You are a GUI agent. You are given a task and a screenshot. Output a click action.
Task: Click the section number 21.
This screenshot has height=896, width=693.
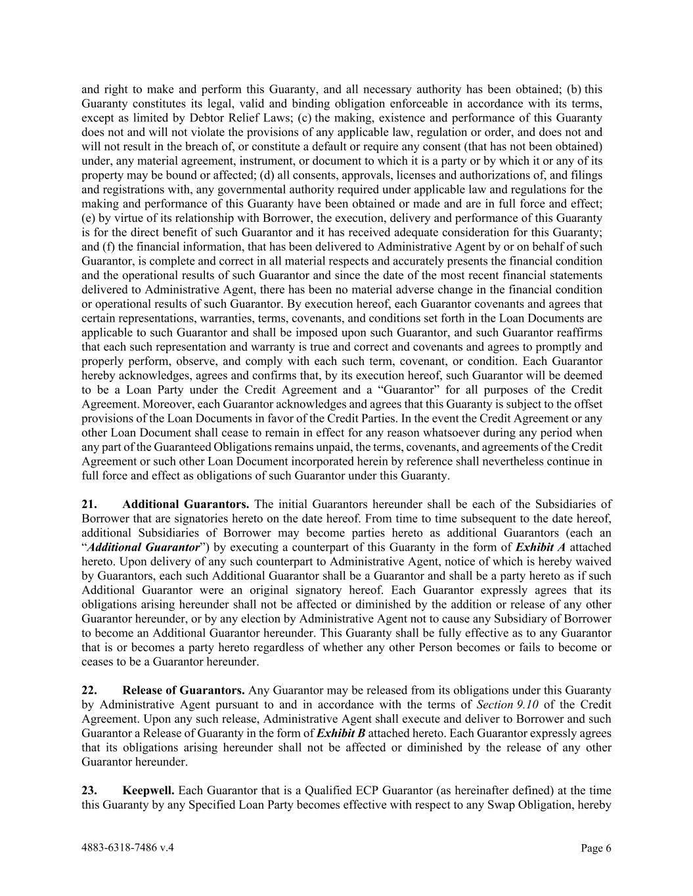[x=89, y=504]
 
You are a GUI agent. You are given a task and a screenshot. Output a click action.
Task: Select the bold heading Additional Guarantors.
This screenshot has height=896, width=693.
[x=185, y=504]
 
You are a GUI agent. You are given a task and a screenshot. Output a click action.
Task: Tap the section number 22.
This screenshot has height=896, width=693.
[x=89, y=690]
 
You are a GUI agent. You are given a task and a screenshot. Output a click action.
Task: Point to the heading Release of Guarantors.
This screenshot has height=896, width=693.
[x=183, y=690]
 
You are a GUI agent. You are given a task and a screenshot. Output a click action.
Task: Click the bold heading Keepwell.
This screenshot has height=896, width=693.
[x=148, y=790]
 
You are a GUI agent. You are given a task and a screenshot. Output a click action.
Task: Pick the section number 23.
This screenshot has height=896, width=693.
[x=89, y=790]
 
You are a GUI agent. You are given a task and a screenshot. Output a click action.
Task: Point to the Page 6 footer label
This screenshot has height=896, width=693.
[x=596, y=848]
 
